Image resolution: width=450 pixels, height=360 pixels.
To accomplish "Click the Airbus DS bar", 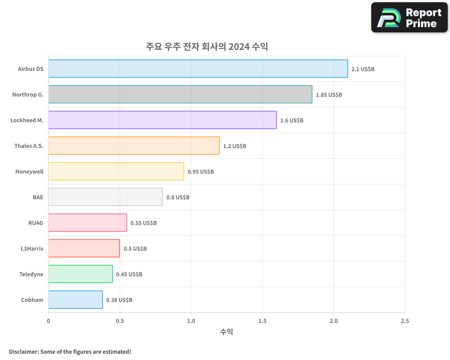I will pos(198,69).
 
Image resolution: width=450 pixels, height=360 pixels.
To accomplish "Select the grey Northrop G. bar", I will pos(180,94).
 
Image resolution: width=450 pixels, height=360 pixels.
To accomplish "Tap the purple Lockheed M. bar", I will pos(162,120).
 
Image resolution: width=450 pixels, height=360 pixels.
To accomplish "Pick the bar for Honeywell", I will pos(116,171).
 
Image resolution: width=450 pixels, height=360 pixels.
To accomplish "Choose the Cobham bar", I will pos(76,300).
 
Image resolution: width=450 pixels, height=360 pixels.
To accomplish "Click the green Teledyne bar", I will pos(81,274).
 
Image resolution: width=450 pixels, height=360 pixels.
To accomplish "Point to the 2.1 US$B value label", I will pos(363,69).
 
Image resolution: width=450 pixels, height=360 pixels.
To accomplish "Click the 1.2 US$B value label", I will pos(234,146).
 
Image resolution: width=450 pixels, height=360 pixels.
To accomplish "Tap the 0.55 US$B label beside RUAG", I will pos(144,223).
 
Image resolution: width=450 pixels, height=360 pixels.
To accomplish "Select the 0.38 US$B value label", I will pos(119,300).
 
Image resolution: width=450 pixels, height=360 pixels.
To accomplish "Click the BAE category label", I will pos(38,197).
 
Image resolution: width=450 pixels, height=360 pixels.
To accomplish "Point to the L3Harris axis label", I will pos(32,248).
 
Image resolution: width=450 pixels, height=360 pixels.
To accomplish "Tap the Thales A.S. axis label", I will pos(29,146).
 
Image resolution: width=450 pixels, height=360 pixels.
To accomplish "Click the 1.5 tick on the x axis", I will pos(262,321).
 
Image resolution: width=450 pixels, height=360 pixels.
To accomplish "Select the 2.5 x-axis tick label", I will pos(405,321).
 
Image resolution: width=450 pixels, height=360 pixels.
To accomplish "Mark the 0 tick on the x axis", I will pos(48,321).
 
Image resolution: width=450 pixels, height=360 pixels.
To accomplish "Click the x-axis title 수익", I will pos(226,332).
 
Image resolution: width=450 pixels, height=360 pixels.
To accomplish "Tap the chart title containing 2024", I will pos(207,46).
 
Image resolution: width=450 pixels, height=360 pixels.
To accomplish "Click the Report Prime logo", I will pos(409,18).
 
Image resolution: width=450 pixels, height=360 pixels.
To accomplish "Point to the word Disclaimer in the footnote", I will pos(23,351).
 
